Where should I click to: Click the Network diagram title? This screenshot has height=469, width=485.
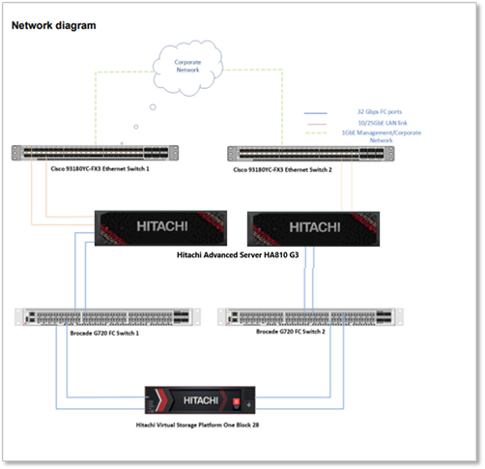53,25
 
